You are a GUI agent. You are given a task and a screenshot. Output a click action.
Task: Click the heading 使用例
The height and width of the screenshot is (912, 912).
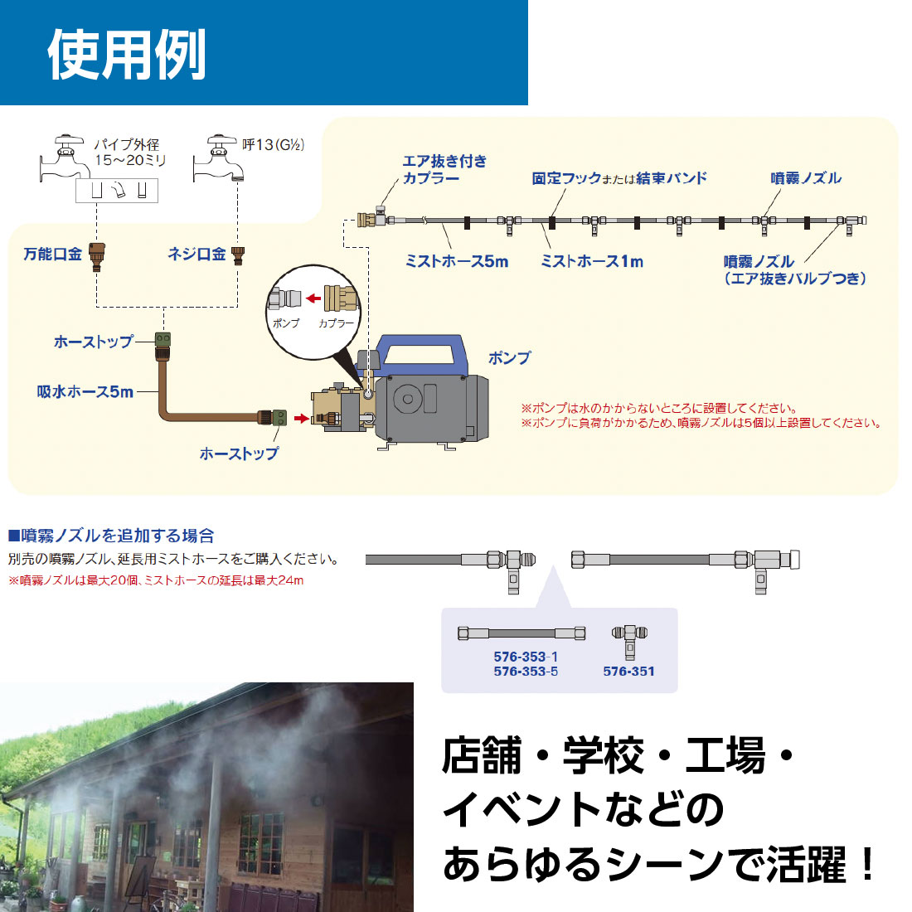(126, 55)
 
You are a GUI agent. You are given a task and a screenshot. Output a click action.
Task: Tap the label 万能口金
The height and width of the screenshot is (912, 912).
(53, 255)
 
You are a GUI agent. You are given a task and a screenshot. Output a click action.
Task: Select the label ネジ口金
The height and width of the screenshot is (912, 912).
(196, 255)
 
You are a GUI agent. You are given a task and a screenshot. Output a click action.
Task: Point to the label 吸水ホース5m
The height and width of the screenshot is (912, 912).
(85, 391)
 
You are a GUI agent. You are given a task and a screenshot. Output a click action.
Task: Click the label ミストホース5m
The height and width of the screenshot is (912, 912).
(457, 261)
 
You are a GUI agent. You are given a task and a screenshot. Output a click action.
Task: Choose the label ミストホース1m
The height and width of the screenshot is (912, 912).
(592, 261)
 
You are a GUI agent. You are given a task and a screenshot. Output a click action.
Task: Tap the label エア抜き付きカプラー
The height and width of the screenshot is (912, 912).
(444, 169)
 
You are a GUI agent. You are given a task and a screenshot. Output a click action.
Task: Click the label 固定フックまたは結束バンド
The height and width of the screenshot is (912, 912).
(619, 178)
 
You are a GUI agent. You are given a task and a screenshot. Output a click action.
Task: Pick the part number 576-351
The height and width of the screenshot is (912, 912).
(628, 672)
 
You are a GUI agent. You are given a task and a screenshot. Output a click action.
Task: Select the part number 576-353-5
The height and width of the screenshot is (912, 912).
(526, 672)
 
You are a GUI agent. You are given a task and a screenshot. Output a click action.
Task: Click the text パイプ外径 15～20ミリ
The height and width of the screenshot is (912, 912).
(129, 153)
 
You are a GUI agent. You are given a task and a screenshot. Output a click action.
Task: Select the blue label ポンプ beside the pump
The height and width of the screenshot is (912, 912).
(509, 358)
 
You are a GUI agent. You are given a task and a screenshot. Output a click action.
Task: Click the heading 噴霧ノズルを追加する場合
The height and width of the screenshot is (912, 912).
(112, 536)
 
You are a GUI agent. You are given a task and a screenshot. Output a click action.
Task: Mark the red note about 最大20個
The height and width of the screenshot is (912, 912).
(156, 580)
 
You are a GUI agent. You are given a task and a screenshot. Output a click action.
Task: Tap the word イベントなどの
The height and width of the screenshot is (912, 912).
(583, 810)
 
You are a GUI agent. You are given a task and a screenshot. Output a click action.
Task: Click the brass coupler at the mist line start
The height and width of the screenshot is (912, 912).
(367, 220)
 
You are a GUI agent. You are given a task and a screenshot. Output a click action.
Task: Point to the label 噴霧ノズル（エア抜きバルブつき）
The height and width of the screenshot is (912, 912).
(794, 270)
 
